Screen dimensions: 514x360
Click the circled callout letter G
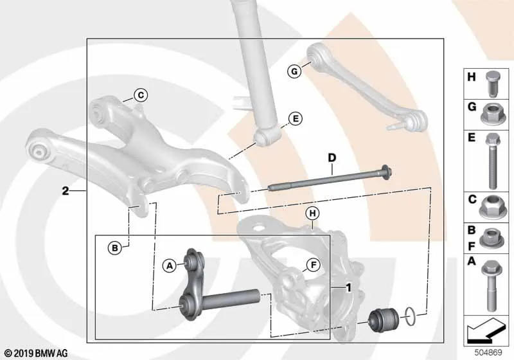coord(294,71)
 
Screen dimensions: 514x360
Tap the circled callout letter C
coord(141,95)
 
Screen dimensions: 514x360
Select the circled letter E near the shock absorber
coord(296,119)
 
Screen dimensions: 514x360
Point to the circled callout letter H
coord(313,214)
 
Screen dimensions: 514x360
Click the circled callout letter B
coord(115,248)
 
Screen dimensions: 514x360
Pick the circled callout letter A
coord(170,265)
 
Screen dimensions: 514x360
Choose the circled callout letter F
coord(314,265)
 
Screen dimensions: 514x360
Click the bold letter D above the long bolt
coord(332,158)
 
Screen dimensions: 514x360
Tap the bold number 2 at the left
coord(66,191)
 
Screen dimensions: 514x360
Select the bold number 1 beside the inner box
coord(349,288)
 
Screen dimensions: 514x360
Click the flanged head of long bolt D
coord(387,172)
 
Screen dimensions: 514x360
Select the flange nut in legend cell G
coord(492,114)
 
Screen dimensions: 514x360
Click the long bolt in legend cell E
coord(492,161)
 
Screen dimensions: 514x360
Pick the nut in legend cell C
coord(491,207)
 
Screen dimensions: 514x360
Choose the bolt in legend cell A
coord(491,285)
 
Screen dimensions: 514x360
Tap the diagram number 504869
coord(488,353)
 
